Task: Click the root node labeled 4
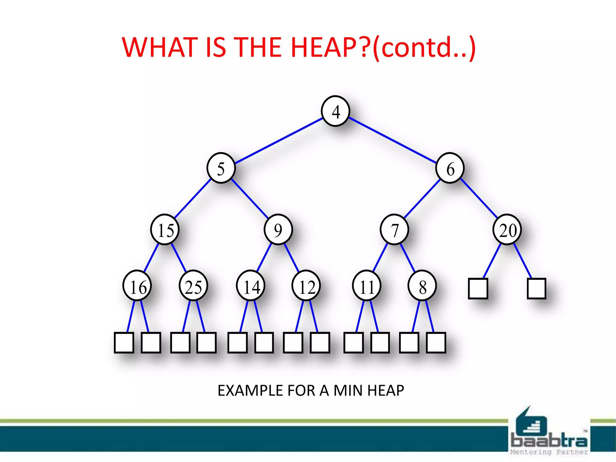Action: point(335,111)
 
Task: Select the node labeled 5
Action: point(221,168)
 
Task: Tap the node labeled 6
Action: point(450,168)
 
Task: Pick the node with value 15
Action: point(165,230)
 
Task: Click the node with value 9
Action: point(278,230)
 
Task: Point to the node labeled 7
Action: point(394,230)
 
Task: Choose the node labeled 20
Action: point(507,230)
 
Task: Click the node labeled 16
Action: point(137,286)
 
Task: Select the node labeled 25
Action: point(193,286)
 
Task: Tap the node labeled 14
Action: point(251,286)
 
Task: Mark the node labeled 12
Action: point(306,286)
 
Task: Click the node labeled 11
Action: point(367,286)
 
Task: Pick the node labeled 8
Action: point(422,286)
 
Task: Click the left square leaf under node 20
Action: point(478,289)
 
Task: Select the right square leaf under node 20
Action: point(537,289)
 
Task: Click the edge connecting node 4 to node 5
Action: point(278,141)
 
